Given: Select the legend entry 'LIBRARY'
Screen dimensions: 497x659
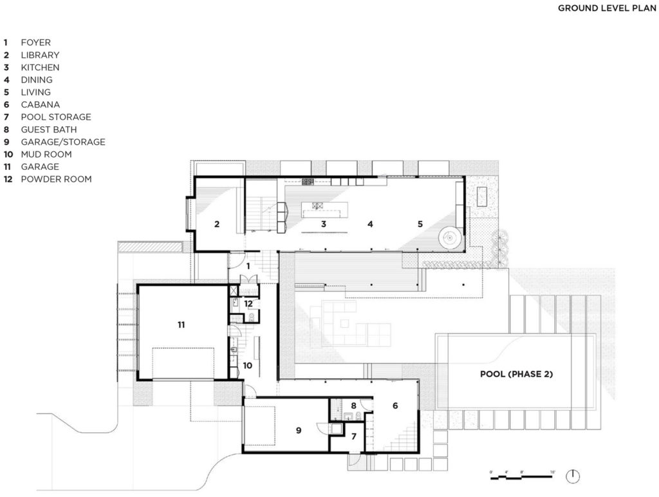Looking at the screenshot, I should pos(40,55).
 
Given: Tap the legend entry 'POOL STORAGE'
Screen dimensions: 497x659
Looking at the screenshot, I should pos(55,117).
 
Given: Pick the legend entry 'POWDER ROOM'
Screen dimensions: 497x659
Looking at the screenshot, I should pos(56,179).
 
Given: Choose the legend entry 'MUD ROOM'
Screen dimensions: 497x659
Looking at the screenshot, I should pos(46,155).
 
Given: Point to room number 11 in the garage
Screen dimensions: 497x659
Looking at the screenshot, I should pos(181,325).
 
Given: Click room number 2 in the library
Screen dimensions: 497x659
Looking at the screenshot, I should pos(217,224).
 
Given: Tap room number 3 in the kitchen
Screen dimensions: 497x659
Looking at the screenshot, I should pos(324,224).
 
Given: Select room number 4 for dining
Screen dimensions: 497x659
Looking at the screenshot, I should pos(370,224).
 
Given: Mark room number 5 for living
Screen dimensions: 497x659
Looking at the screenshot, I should pos(420,224).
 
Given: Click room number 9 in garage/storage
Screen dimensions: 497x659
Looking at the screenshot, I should pos(299,430).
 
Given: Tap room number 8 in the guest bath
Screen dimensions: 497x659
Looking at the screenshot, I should pos(353,406).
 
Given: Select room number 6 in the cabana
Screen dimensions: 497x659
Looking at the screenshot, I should pos(394,406).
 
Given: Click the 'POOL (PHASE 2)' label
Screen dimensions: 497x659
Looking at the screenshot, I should pos(517,374).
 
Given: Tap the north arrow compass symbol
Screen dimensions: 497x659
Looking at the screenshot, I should pos(572,476).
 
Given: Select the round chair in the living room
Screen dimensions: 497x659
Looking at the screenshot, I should pos(450,238).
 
